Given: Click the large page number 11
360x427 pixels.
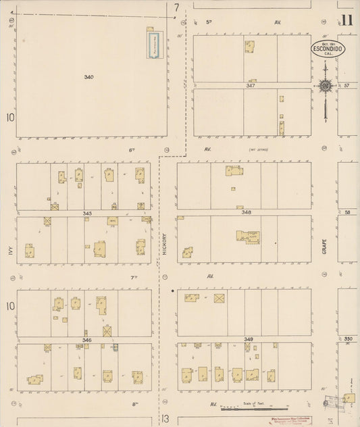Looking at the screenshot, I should [x=346, y=20].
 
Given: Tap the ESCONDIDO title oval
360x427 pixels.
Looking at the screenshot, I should [x=328, y=49].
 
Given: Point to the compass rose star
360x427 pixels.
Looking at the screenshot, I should [x=325, y=85].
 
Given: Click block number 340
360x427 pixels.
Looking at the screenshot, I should [x=88, y=77].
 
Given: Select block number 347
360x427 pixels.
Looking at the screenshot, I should [x=250, y=86].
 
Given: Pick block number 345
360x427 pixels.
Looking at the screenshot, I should [x=87, y=213].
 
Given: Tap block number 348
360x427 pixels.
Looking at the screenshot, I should [x=247, y=213].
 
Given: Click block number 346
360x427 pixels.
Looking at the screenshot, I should [x=87, y=340].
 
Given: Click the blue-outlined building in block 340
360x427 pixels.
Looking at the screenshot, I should [x=153, y=43].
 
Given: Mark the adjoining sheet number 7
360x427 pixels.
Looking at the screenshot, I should [x=176, y=8].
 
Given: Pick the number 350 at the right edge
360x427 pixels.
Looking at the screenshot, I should [x=348, y=338].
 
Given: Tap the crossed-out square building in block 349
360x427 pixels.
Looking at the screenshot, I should [x=219, y=298].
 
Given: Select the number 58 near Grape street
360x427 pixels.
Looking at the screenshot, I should [x=347, y=213].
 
